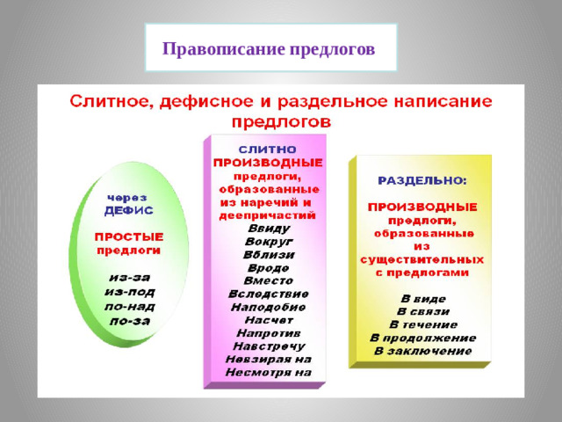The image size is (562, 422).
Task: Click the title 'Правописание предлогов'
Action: [x=269, y=47]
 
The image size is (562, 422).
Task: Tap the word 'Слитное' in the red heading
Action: [x=110, y=101]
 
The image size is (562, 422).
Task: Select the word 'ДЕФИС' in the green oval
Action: [x=128, y=211]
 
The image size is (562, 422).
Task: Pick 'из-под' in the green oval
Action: [x=128, y=290]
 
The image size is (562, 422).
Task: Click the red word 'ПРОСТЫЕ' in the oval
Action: [x=129, y=236]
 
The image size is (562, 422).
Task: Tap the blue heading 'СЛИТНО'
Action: [x=268, y=149]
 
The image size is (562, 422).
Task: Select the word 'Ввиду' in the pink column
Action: [x=268, y=228]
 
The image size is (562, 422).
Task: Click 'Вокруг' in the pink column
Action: [x=268, y=241]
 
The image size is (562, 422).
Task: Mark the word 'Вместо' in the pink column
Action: [x=268, y=280]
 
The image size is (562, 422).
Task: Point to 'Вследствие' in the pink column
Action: [x=268, y=293]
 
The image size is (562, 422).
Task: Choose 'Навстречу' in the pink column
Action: [x=268, y=345]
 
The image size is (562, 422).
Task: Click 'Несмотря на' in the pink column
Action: [x=268, y=371]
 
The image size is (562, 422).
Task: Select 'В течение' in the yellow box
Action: [x=422, y=324]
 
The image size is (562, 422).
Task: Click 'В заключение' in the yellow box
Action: [x=422, y=350]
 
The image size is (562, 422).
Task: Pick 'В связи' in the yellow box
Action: [x=422, y=310]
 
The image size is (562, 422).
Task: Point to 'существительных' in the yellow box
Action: [x=421, y=259]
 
